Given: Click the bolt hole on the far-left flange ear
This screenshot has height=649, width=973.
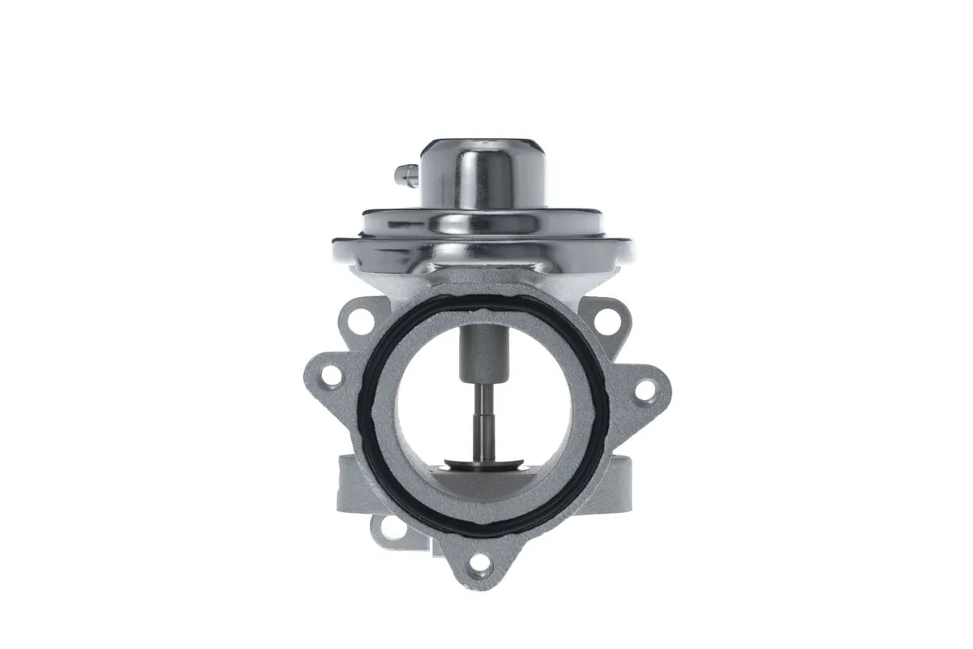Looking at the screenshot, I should pos(329,375).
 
